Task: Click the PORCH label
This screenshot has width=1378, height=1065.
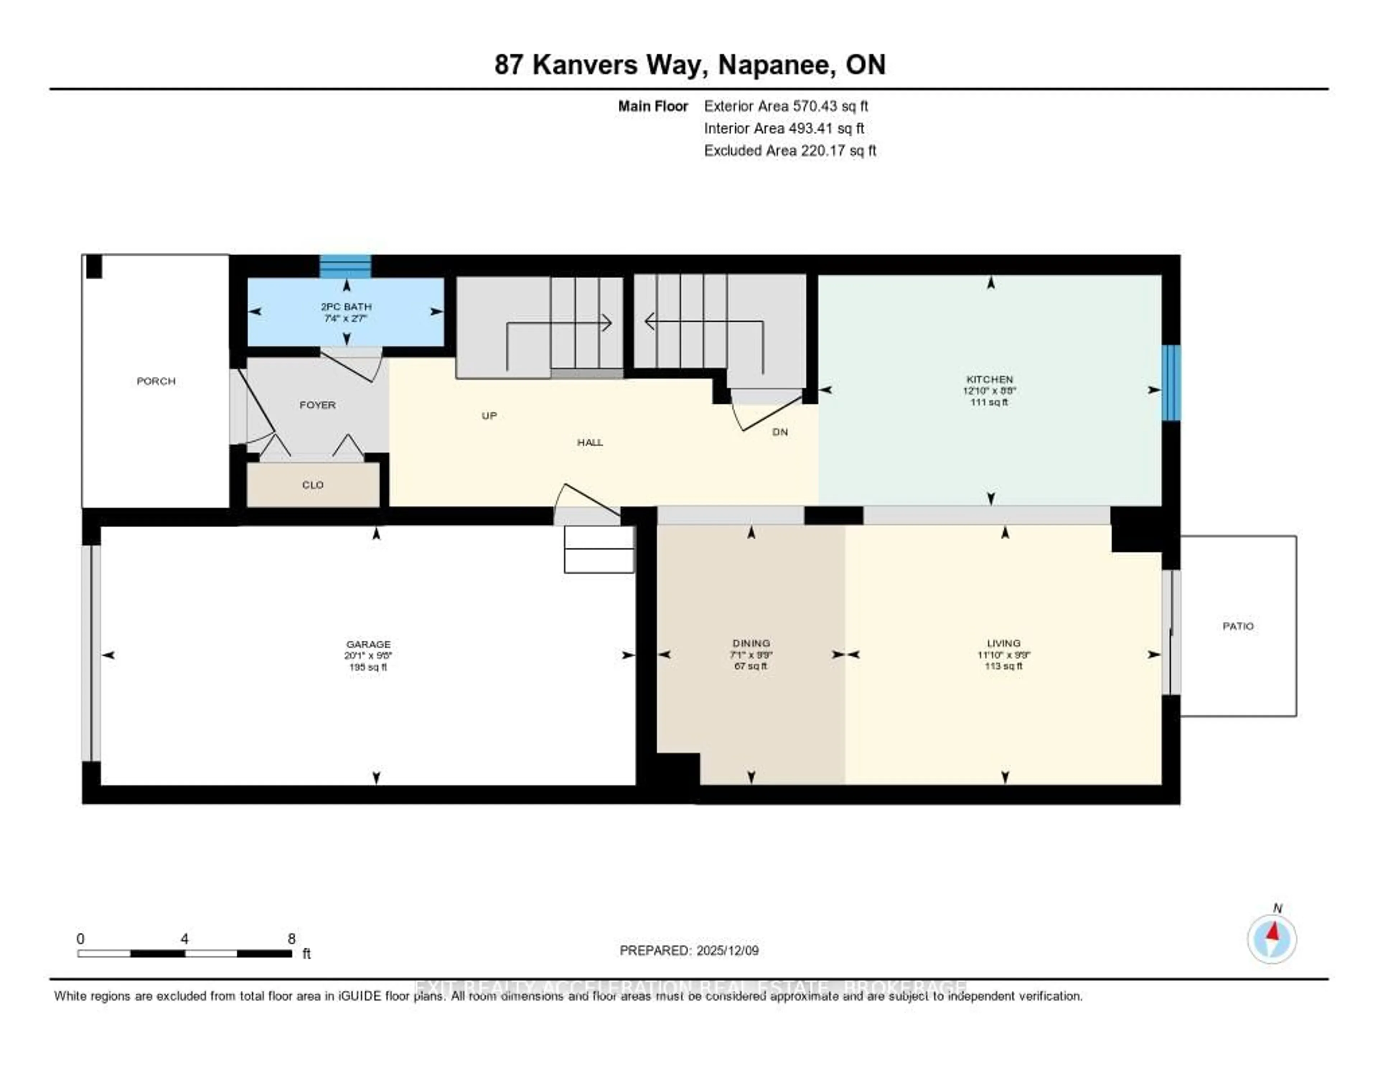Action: click(x=156, y=381)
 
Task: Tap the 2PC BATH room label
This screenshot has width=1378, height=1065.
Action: click(x=346, y=307)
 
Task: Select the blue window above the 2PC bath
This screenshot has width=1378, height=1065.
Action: click(x=345, y=266)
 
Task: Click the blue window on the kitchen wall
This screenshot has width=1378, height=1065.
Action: click(x=1171, y=382)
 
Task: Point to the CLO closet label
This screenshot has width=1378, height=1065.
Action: click(x=313, y=485)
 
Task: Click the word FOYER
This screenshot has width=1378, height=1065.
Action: click(x=317, y=405)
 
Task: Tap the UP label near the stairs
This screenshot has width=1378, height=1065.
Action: click(x=489, y=415)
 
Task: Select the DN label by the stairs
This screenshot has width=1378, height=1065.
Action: click(x=780, y=432)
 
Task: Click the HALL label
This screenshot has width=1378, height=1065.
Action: click(x=590, y=442)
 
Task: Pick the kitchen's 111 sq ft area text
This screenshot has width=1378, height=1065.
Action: click(x=989, y=402)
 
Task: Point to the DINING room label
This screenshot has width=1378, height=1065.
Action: click(x=751, y=643)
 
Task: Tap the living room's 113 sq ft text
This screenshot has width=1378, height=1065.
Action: click(x=1003, y=666)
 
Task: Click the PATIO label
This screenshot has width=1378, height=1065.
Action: click(x=1238, y=626)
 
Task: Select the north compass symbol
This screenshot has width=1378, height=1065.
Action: click(x=1272, y=939)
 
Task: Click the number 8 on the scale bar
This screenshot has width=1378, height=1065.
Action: click(x=291, y=939)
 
